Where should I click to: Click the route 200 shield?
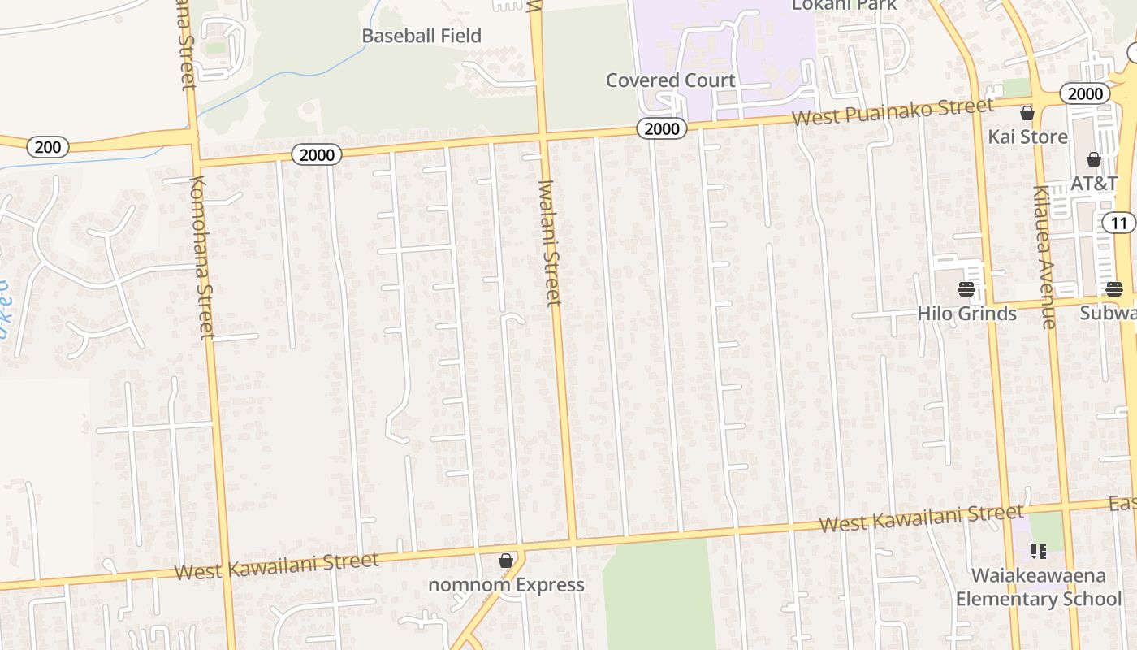coord(48,147)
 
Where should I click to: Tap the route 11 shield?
coord(1119,223)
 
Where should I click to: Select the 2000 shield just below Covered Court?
coord(661,128)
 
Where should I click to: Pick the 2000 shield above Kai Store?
coord(1084,93)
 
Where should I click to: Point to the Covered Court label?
coord(670,80)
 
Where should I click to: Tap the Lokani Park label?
coord(845,5)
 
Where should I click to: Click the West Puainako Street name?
coord(893,112)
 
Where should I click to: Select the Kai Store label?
coord(1027,136)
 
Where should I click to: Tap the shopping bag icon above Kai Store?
coord(1027,113)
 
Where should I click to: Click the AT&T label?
coord(1094,183)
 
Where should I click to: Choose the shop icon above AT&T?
coord(1094,159)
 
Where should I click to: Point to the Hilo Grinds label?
coord(966,314)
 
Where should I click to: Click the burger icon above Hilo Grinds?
coord(966,289)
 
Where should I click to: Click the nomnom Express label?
coord(506,585)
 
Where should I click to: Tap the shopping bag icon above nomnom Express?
coord(506,561)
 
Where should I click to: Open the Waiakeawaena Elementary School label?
coord(1039,587)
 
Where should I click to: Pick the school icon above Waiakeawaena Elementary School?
coord(1038,552)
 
